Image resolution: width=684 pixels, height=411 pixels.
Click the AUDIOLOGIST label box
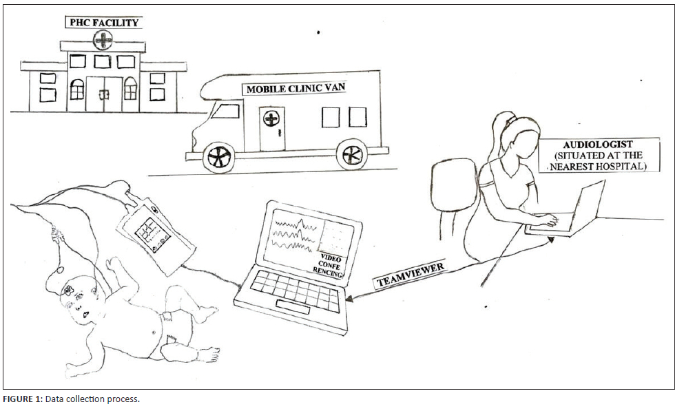pos(598,155)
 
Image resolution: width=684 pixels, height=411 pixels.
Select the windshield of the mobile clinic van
pos(225,112)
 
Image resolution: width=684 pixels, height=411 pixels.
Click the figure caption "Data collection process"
pos(92,399)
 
